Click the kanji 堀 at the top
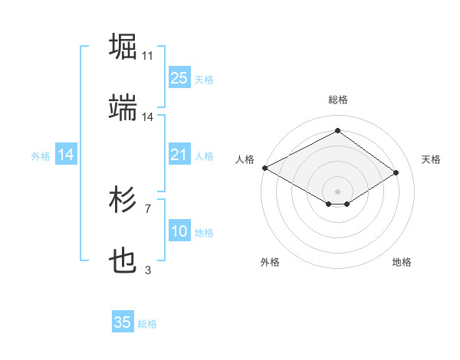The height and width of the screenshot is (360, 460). click(123, 46)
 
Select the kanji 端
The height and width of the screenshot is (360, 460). click(123, 108)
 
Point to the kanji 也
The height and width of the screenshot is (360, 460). click(123, 262)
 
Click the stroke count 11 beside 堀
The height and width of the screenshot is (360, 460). click(148, 56)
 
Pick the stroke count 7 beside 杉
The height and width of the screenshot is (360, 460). click(148, 208)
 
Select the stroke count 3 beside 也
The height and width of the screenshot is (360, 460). click(148, 270)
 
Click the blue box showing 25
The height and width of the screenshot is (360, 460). click(179, 77)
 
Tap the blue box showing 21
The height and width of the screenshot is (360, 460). click(179, 155)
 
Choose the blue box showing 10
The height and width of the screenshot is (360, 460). click(179, 231)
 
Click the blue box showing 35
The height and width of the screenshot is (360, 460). click(123, 322)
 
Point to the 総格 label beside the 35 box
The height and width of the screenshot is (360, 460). click(147, 324)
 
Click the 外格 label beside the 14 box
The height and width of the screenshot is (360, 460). click(41, 156)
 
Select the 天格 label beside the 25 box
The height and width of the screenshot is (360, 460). click(204, 79)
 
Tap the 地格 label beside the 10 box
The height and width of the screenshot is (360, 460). click(204, 233)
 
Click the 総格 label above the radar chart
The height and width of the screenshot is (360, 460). click(337, 100)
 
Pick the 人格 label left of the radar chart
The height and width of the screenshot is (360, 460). click(245, 159)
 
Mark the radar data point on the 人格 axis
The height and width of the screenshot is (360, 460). click(264, 168)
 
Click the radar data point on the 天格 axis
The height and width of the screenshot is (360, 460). click(396, 173)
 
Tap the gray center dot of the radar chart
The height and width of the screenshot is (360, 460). click(337, 190)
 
